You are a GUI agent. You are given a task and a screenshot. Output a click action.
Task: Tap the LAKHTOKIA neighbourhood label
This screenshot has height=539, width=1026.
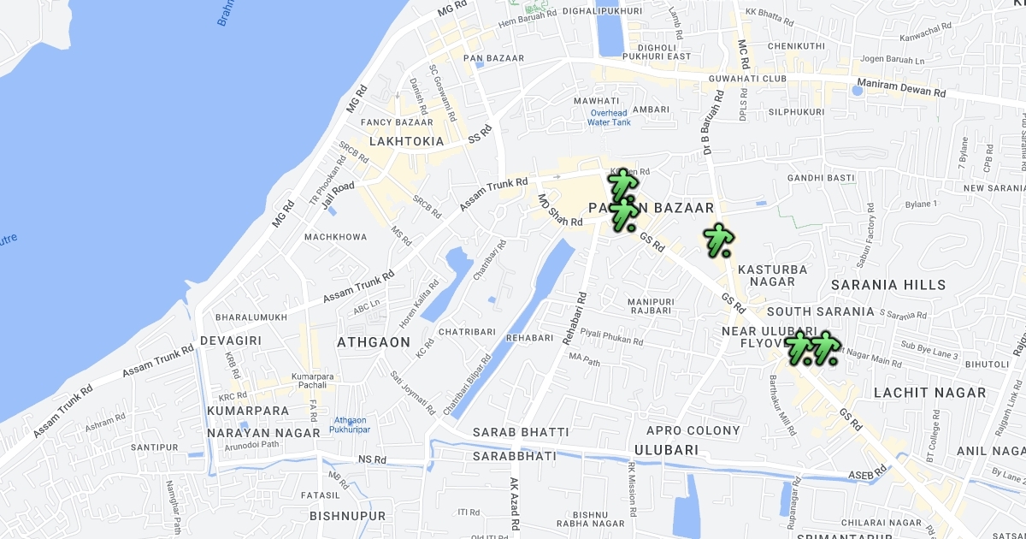[407, 141]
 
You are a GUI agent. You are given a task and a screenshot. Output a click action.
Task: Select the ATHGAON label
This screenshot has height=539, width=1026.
[374, 342]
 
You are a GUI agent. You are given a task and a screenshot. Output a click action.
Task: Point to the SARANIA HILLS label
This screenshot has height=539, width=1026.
[889, 285]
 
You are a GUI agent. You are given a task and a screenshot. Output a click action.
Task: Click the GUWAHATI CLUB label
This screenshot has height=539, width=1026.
[747, 79]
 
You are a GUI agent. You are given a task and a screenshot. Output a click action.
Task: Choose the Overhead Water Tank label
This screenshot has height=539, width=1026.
[609, 118]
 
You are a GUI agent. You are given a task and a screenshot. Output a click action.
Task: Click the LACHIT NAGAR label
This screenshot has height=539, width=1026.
[929, 393]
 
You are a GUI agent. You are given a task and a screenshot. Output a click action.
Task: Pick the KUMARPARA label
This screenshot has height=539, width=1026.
[248, 411]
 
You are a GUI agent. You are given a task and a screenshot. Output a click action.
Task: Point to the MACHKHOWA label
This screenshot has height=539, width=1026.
[335, 237]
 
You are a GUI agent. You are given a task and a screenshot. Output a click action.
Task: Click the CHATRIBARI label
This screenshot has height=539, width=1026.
[467, 332]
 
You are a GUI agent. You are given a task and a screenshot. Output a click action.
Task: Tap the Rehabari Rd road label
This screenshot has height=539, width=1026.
[575, 319]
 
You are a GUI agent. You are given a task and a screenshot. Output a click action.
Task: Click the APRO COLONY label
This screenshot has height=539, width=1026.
[693, 430]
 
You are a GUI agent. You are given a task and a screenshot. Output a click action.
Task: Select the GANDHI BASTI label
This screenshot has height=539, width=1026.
[821, 178]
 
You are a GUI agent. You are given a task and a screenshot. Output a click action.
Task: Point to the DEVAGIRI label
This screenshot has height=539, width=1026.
[230, 341]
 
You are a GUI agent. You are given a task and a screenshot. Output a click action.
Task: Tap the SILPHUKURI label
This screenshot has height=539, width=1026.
[796, 112]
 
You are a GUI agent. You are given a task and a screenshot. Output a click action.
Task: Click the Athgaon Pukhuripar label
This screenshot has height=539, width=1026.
[351, 424]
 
